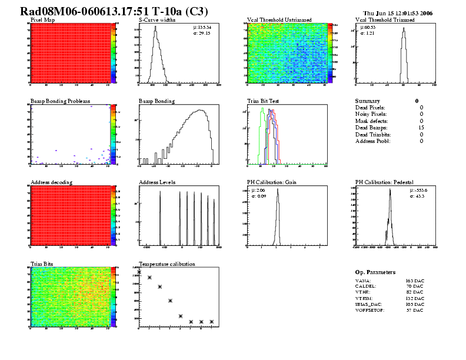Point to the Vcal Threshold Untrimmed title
(279, 20)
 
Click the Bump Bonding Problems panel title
(60, 101)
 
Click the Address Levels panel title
(157, 182)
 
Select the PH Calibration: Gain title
(271, 182)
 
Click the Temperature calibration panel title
(167, 264)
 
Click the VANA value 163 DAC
(414, 282)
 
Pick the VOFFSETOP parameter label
(370, 310)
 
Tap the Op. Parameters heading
(375, 272)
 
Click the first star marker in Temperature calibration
(139, 271)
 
